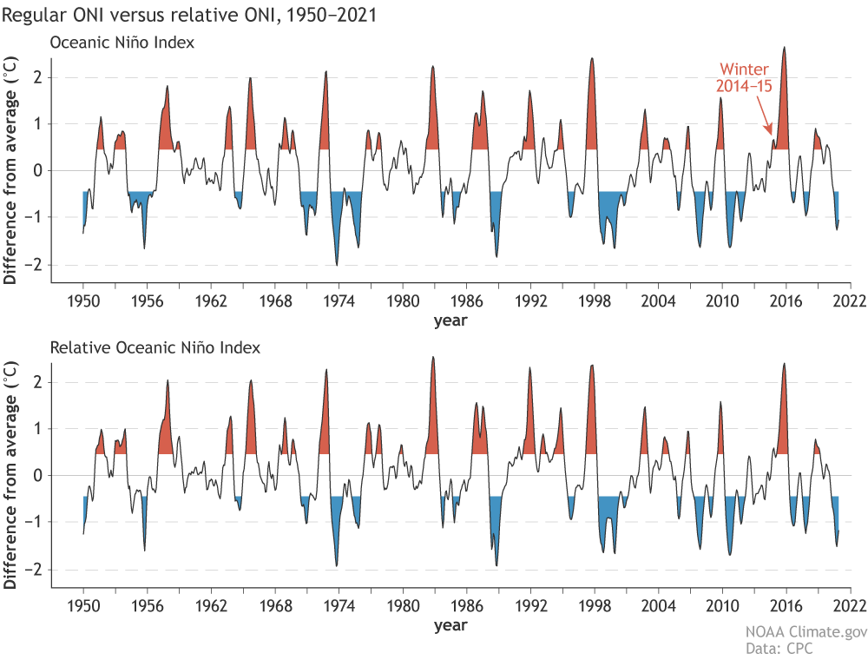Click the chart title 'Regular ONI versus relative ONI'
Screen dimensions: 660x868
click(x=188, y=16)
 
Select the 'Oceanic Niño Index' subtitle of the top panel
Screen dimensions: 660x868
click(x=122, y=42)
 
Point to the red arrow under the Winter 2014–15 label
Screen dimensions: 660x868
click(x=766, y=117)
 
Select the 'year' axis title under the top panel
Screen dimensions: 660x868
click(x=450, y=320)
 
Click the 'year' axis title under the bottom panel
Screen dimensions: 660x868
click(x=450, y=625)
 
